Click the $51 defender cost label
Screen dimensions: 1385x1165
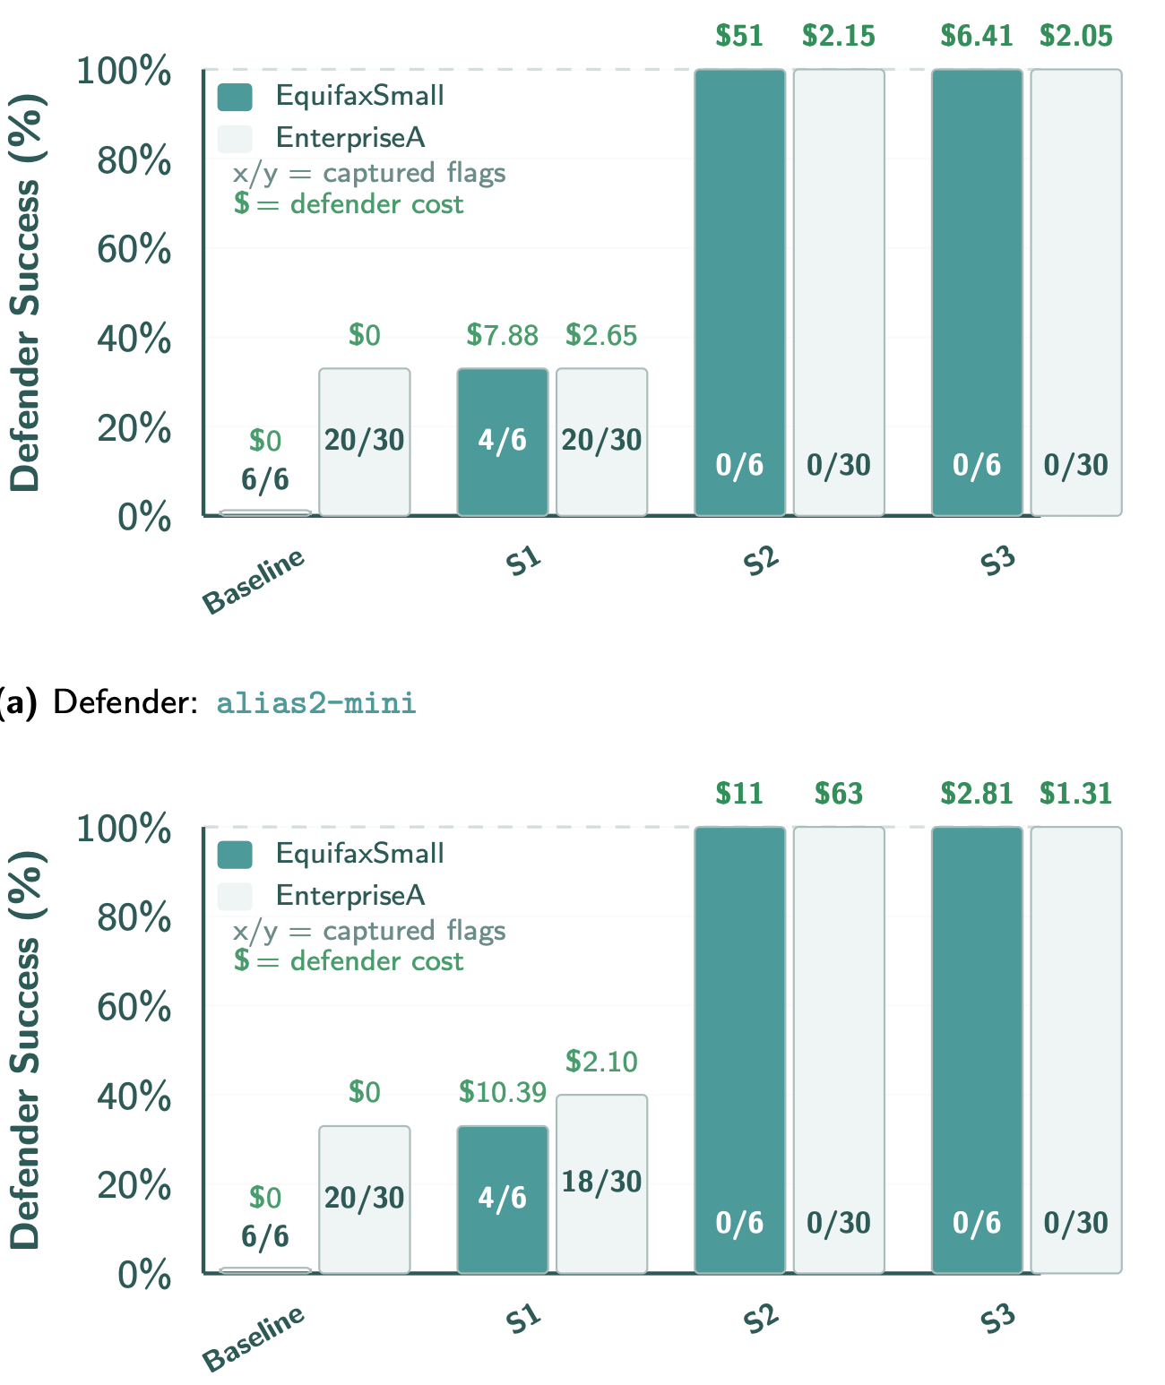(x=739, y=36)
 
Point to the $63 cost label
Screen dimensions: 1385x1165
(x=838, y=794)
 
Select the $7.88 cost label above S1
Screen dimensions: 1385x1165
(x=502, y=335)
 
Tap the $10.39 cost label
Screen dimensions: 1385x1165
(x=502, y=1092)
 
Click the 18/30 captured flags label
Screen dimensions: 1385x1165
(x=601, y=1182)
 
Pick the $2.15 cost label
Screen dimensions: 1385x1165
(x=838, y=36)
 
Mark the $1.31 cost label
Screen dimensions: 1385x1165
(x=1075, y=794)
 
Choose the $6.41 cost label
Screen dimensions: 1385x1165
(x=976, y=36)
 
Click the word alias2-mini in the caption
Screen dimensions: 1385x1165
(x=316, y=703)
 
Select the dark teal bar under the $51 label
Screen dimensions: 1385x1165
(x=739, y=269)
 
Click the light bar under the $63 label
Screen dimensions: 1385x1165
(x=839, y=1030)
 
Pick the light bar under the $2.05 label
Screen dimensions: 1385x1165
(x=1075, y=269)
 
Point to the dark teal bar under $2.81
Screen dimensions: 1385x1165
(x=977, y=1030)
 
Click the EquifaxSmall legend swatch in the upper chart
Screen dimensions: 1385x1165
(x=235, y=97)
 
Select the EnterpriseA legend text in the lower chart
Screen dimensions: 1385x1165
(x=350, y=895)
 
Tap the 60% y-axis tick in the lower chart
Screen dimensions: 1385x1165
(x=134, y=1007)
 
